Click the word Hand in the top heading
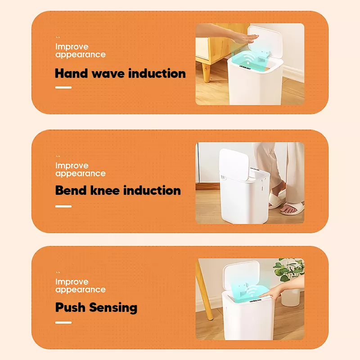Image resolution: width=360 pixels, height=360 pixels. pos(72,73)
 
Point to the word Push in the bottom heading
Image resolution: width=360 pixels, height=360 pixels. pos(70,307)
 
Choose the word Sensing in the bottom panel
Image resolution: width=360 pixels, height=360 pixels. pos(113,308)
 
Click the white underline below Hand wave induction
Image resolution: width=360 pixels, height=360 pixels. pos(63,87)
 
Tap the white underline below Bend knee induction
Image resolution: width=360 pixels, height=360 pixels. pos(63,207)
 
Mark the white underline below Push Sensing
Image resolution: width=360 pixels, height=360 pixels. pos(63,323)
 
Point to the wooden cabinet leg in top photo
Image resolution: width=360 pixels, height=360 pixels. pos(206,72)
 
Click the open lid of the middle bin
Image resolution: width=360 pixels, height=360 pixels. pos(234,164)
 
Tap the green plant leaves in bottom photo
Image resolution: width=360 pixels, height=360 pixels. pos(288,269)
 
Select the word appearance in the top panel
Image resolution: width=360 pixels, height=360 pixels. pos(81,55)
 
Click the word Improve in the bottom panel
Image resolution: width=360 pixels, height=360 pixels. pos(72,282)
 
